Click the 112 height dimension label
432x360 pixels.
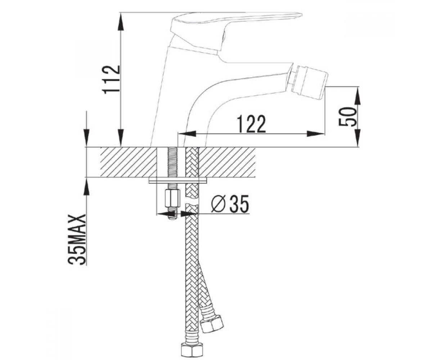(x=112, y=80)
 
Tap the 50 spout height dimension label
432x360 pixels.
(x=348, y=117)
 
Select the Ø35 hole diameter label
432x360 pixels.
(x=230, y=204)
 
